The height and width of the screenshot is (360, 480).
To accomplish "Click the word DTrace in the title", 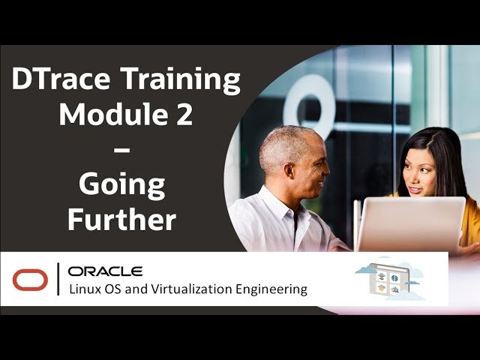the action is tap(61, 79).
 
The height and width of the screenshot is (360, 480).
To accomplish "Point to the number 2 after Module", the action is tap(184, 114).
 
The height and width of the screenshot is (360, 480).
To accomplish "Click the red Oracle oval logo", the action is tap(30, 280).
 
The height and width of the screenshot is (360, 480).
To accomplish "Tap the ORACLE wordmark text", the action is tap(105, 271).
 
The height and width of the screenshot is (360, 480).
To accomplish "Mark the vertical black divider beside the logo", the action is tap(58, 279).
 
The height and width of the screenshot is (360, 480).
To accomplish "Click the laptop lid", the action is tap(411, 224).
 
